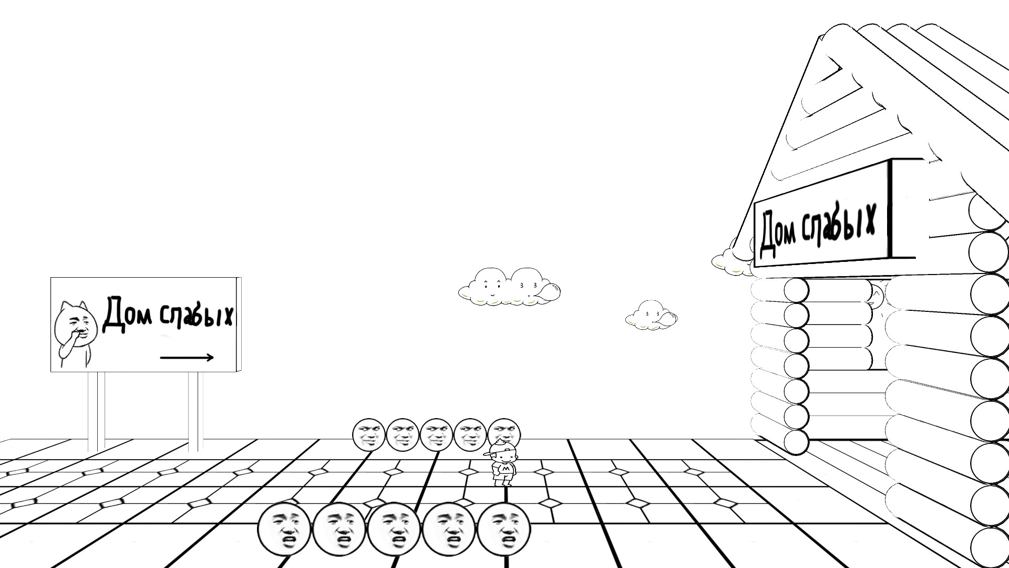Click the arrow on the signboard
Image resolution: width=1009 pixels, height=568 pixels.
click(187, 358)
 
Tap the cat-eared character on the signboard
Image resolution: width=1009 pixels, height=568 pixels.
click(75, 333)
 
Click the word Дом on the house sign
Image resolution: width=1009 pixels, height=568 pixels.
click(777, 234)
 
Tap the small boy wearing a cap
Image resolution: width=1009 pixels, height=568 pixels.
click(502, 463)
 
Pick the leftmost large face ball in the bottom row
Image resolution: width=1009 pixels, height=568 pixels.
click(284, 529)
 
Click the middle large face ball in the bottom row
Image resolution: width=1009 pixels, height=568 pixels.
click(394, 529)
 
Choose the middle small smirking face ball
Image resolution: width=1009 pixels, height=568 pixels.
click(436, 434)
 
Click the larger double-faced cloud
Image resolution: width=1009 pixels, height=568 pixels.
click(509, 287)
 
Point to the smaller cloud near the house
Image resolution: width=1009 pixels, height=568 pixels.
click(651, 315)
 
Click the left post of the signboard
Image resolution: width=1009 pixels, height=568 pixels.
click(97, 411)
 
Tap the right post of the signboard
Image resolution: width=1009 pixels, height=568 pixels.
click(195, 411)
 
